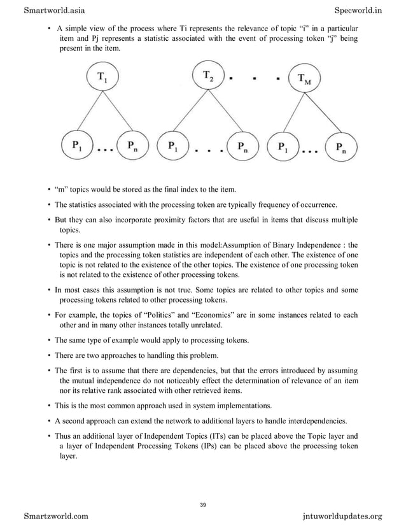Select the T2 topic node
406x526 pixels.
209,77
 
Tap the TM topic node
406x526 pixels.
306,80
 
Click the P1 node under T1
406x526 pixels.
77,145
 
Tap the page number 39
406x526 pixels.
203,505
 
